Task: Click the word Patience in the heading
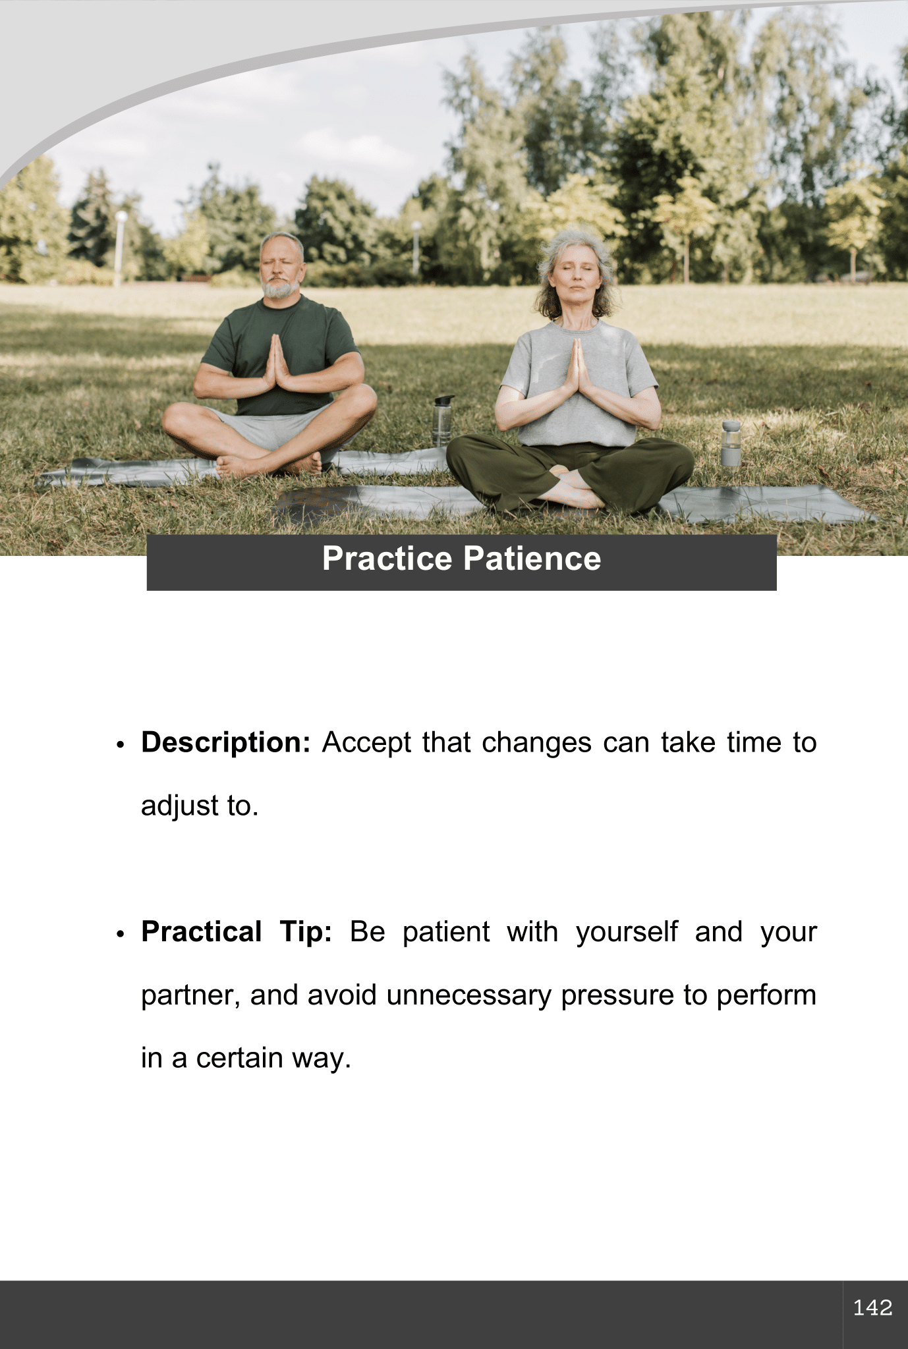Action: click(x=532, y=559)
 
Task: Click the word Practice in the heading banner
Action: click(x=387, y=559)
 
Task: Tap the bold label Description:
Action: click(x=225, y=743)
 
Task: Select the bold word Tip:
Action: click(x=306, y=933)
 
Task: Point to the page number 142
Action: click(x=872, y=1307)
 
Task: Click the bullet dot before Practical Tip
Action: click(x=120, y=935)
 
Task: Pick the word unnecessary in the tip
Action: click(x=468, y=995)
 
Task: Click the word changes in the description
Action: click(x=536, y=743)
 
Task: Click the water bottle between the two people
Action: click(x=442, y=420)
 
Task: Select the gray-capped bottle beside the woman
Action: click(x=730, y=444)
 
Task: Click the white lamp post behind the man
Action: click(x=120, y=247)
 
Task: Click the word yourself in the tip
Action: click(x=627, y=933)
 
